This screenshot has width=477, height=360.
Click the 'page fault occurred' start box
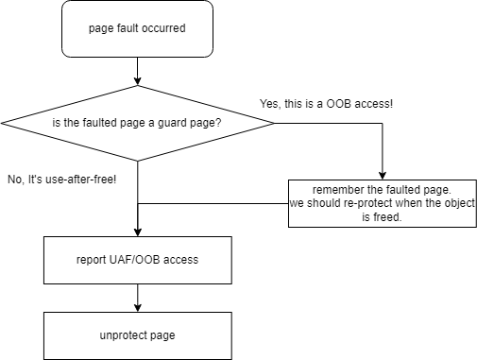[137, 28]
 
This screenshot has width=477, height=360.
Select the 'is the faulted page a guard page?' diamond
[138, 123]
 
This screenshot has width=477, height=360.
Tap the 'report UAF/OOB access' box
[138, 260]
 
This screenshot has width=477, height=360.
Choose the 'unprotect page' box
[138, 335]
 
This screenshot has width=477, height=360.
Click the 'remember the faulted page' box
[383, 203]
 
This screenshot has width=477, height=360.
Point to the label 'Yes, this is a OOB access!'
[326, 104]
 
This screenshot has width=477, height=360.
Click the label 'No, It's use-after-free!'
[62, 180]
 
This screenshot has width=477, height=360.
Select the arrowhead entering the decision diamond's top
[138, 81]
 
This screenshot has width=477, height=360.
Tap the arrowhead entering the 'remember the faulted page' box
[383, 176]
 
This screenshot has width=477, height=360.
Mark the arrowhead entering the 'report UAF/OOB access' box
[138, 232]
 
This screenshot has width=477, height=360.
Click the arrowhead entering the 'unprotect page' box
[138, 308]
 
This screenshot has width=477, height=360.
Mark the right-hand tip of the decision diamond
[274, 123]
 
